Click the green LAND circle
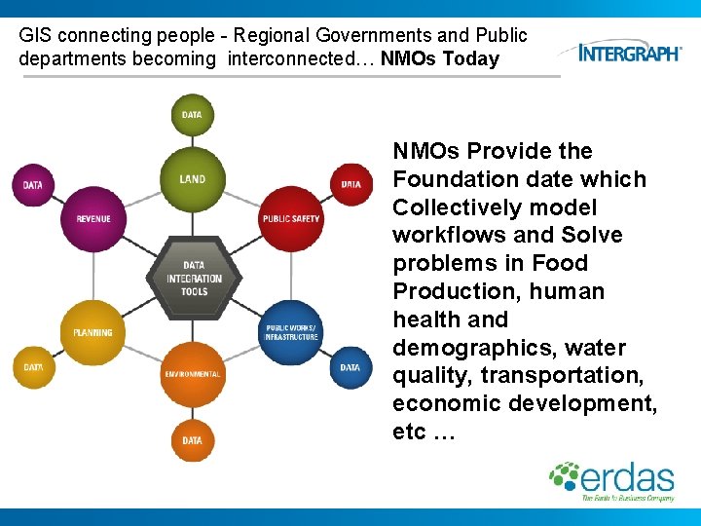pyautogui.click(x=192, y=178)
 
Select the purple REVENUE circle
pyautogui.click(x=93, y=218)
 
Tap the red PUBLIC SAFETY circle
pyautogui.click(x=290, y=218)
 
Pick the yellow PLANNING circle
pyautogui.click(x=93, y=333)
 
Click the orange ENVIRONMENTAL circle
pyautogui.click(x=192, y=374)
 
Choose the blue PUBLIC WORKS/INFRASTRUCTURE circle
pyautogui.click(x=291, y=332)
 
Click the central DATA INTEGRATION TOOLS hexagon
pyautogui.click(x=193, y=278)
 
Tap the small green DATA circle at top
pyautogui.click(x=192, y=115)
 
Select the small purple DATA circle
pyautogui.click(x=33, y=184)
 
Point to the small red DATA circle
pyautogui.click(x=350, y=184)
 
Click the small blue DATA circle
pyautogui.click(x=350, y=368)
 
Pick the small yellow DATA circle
pyautogui.click(x=33, y=368)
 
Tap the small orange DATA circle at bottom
pyautogui.click(x=192, y=440)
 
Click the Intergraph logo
pyautogui.click(x=630, y=52)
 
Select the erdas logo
pyautogui.click(x=612, y=480)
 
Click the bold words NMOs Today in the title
pyautogui.click(x=440, y=58)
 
